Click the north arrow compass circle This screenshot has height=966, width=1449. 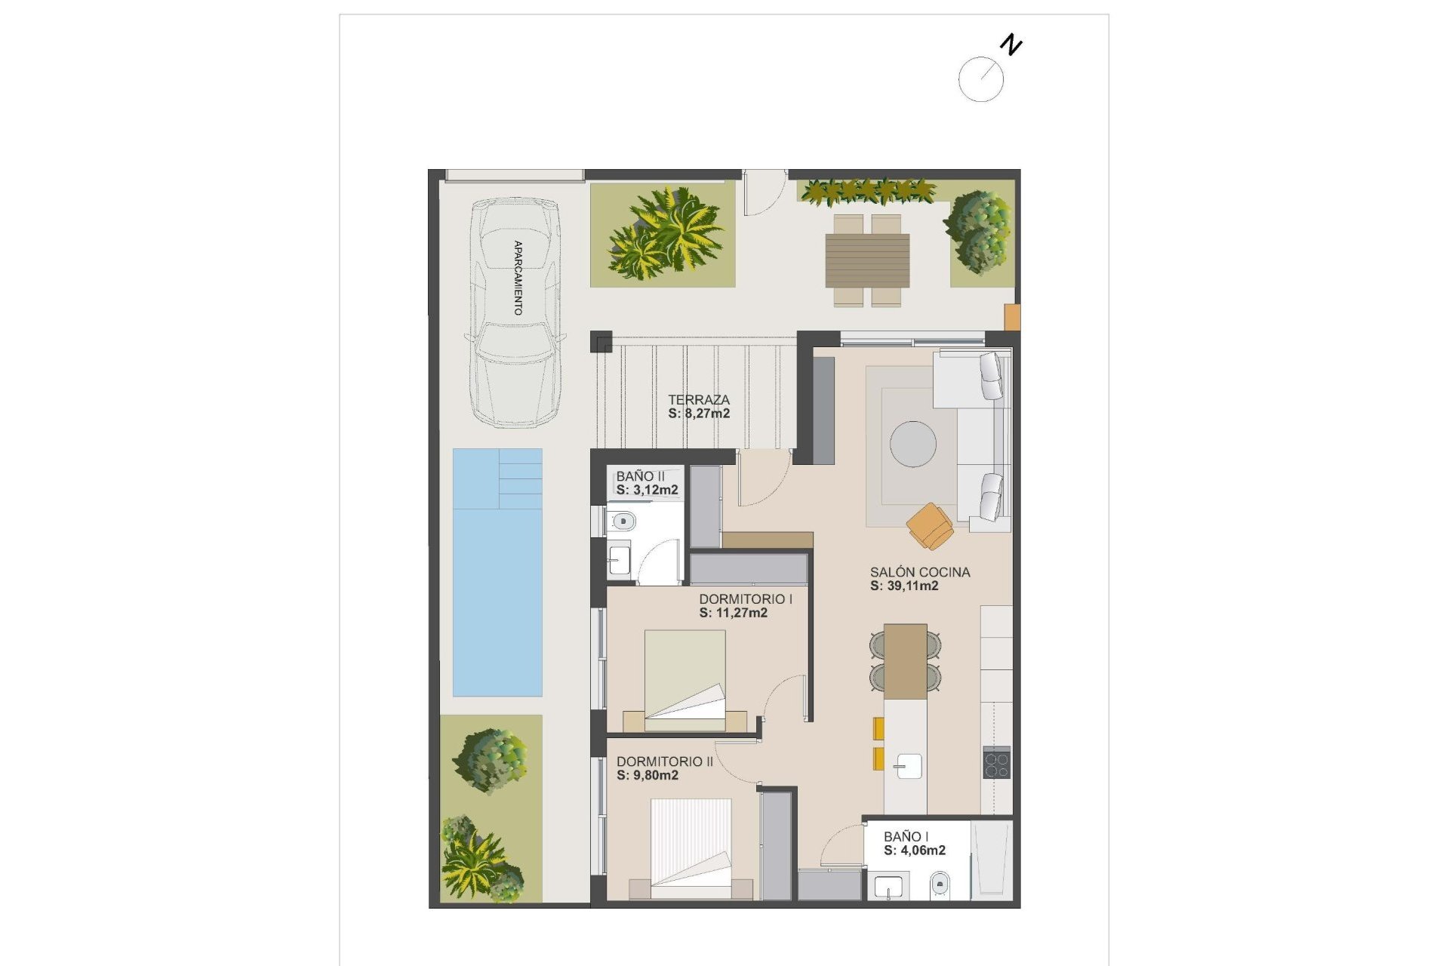[x=980, y=79]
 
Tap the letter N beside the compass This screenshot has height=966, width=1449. [x=1011, y=45]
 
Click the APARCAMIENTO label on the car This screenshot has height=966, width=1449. [x=518, y=278]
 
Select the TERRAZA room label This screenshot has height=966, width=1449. [x=699, y=400]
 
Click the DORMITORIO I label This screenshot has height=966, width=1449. [x=745, y=599]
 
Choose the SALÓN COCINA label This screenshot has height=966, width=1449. [x=919, y=572]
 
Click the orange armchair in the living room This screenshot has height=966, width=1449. [x=931, y=525]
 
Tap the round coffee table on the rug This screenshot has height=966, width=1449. [x=912, y=444]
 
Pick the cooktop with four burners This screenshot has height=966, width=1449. [x=996, y=762]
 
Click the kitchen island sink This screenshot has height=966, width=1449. [x=906, y=766]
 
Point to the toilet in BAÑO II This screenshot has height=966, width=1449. [x=623, y=521]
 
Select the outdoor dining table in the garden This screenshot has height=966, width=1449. [x=867, y=260]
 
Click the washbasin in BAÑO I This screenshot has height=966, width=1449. [x=888, y=887]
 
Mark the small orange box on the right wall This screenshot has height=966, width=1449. [x=1011, y=317]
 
